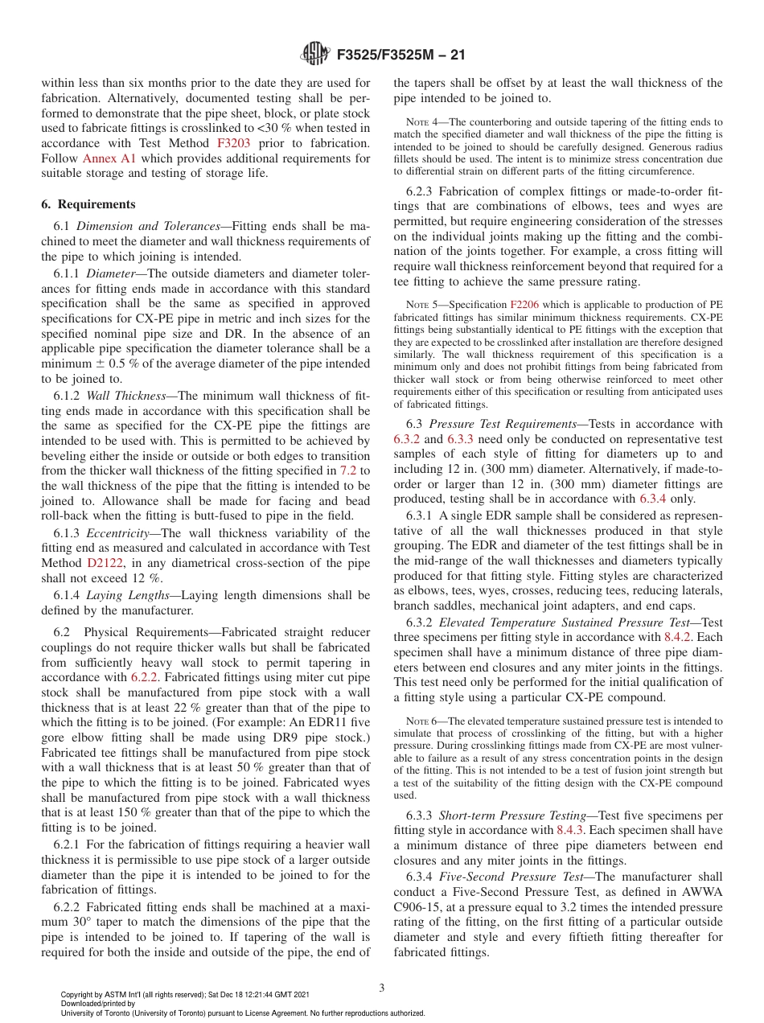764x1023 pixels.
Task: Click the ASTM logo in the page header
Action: point(314,54)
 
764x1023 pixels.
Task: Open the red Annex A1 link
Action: point(108,158)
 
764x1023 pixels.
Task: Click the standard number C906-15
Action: point(422,907)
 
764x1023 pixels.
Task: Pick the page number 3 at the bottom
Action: point(381,988)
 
